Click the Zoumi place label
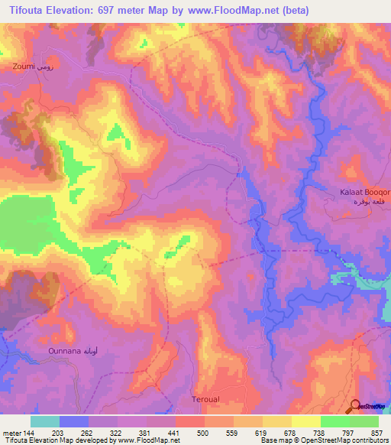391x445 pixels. click(x=24, y=67)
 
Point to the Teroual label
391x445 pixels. click(x=205, y=400)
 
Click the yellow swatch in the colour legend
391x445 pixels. click(x=305, y=421)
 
